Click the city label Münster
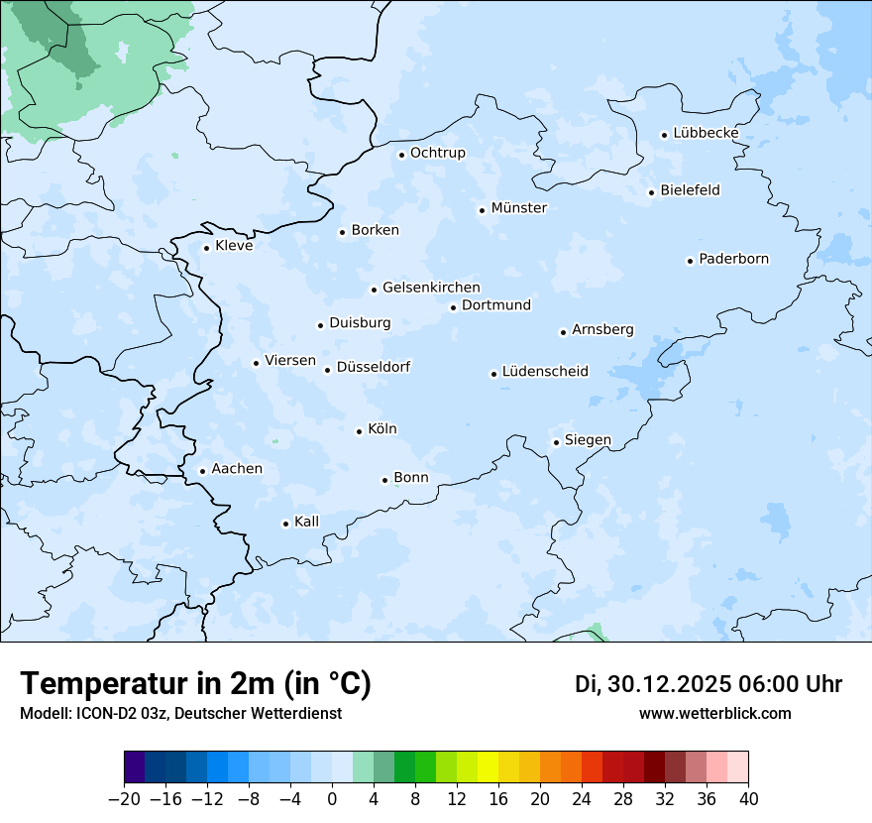click(x=518, y=208)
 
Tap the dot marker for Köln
click(x=359, y=431)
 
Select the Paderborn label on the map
click(x=733, y=259)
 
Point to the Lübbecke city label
click(x=706, y=133)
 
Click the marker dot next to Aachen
click(x=202, y=472)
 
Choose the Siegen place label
click(x=588, y=440)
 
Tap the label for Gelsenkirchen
click(x=431, y=288)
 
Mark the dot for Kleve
click(x=206, y=248)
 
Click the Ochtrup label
click(x=437, y=153)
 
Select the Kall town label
click(x=306, y=522)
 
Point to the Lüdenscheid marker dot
click(x=493, y=374)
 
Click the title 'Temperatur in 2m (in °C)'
click(x=195, y=683)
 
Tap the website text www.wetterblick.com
click(x=714, y=713)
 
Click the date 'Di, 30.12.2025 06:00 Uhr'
click(x=708, y=684)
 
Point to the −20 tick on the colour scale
click(x=125, y=799)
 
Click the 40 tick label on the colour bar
click(x=748, y=799)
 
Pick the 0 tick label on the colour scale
click(x=332, y=799)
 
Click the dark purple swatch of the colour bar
click(x=135, y=767)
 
